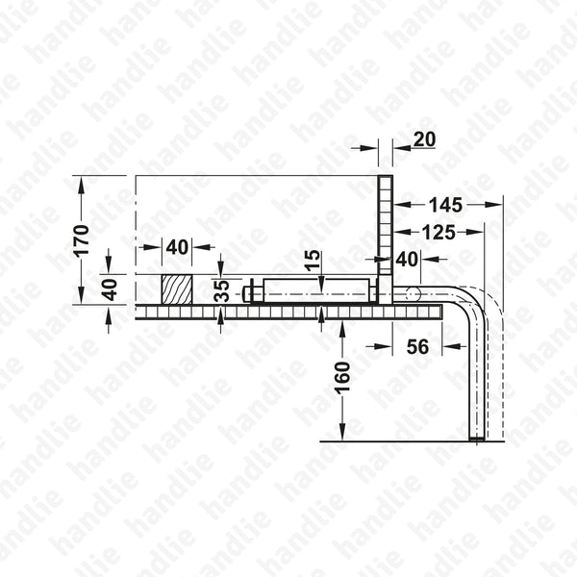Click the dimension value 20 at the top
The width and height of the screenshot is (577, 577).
pos(424,140)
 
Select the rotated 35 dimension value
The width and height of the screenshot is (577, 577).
pos(222,291)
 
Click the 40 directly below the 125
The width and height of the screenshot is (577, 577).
pos(407,259)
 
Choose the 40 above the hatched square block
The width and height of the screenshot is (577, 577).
pos(176,246)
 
